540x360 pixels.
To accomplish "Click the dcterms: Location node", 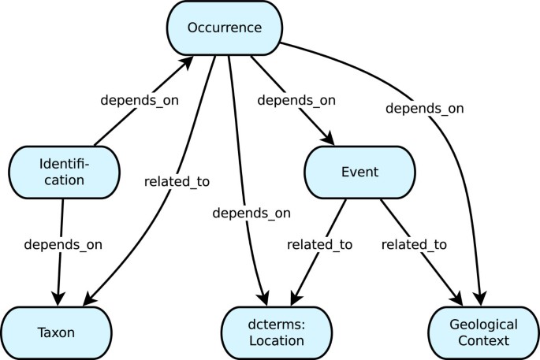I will coord(273,332).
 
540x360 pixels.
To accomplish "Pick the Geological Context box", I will coord(483,332).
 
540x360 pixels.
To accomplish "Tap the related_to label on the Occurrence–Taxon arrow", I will coord(177,181).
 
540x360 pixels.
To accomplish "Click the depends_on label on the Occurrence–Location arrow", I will coord(251,213).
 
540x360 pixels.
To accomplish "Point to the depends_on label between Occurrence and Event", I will coord(297,100).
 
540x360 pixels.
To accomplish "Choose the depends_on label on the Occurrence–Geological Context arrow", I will coord(424,108).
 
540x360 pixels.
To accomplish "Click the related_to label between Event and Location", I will coord(318,244).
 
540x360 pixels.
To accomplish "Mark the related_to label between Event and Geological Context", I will coord(414,244).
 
